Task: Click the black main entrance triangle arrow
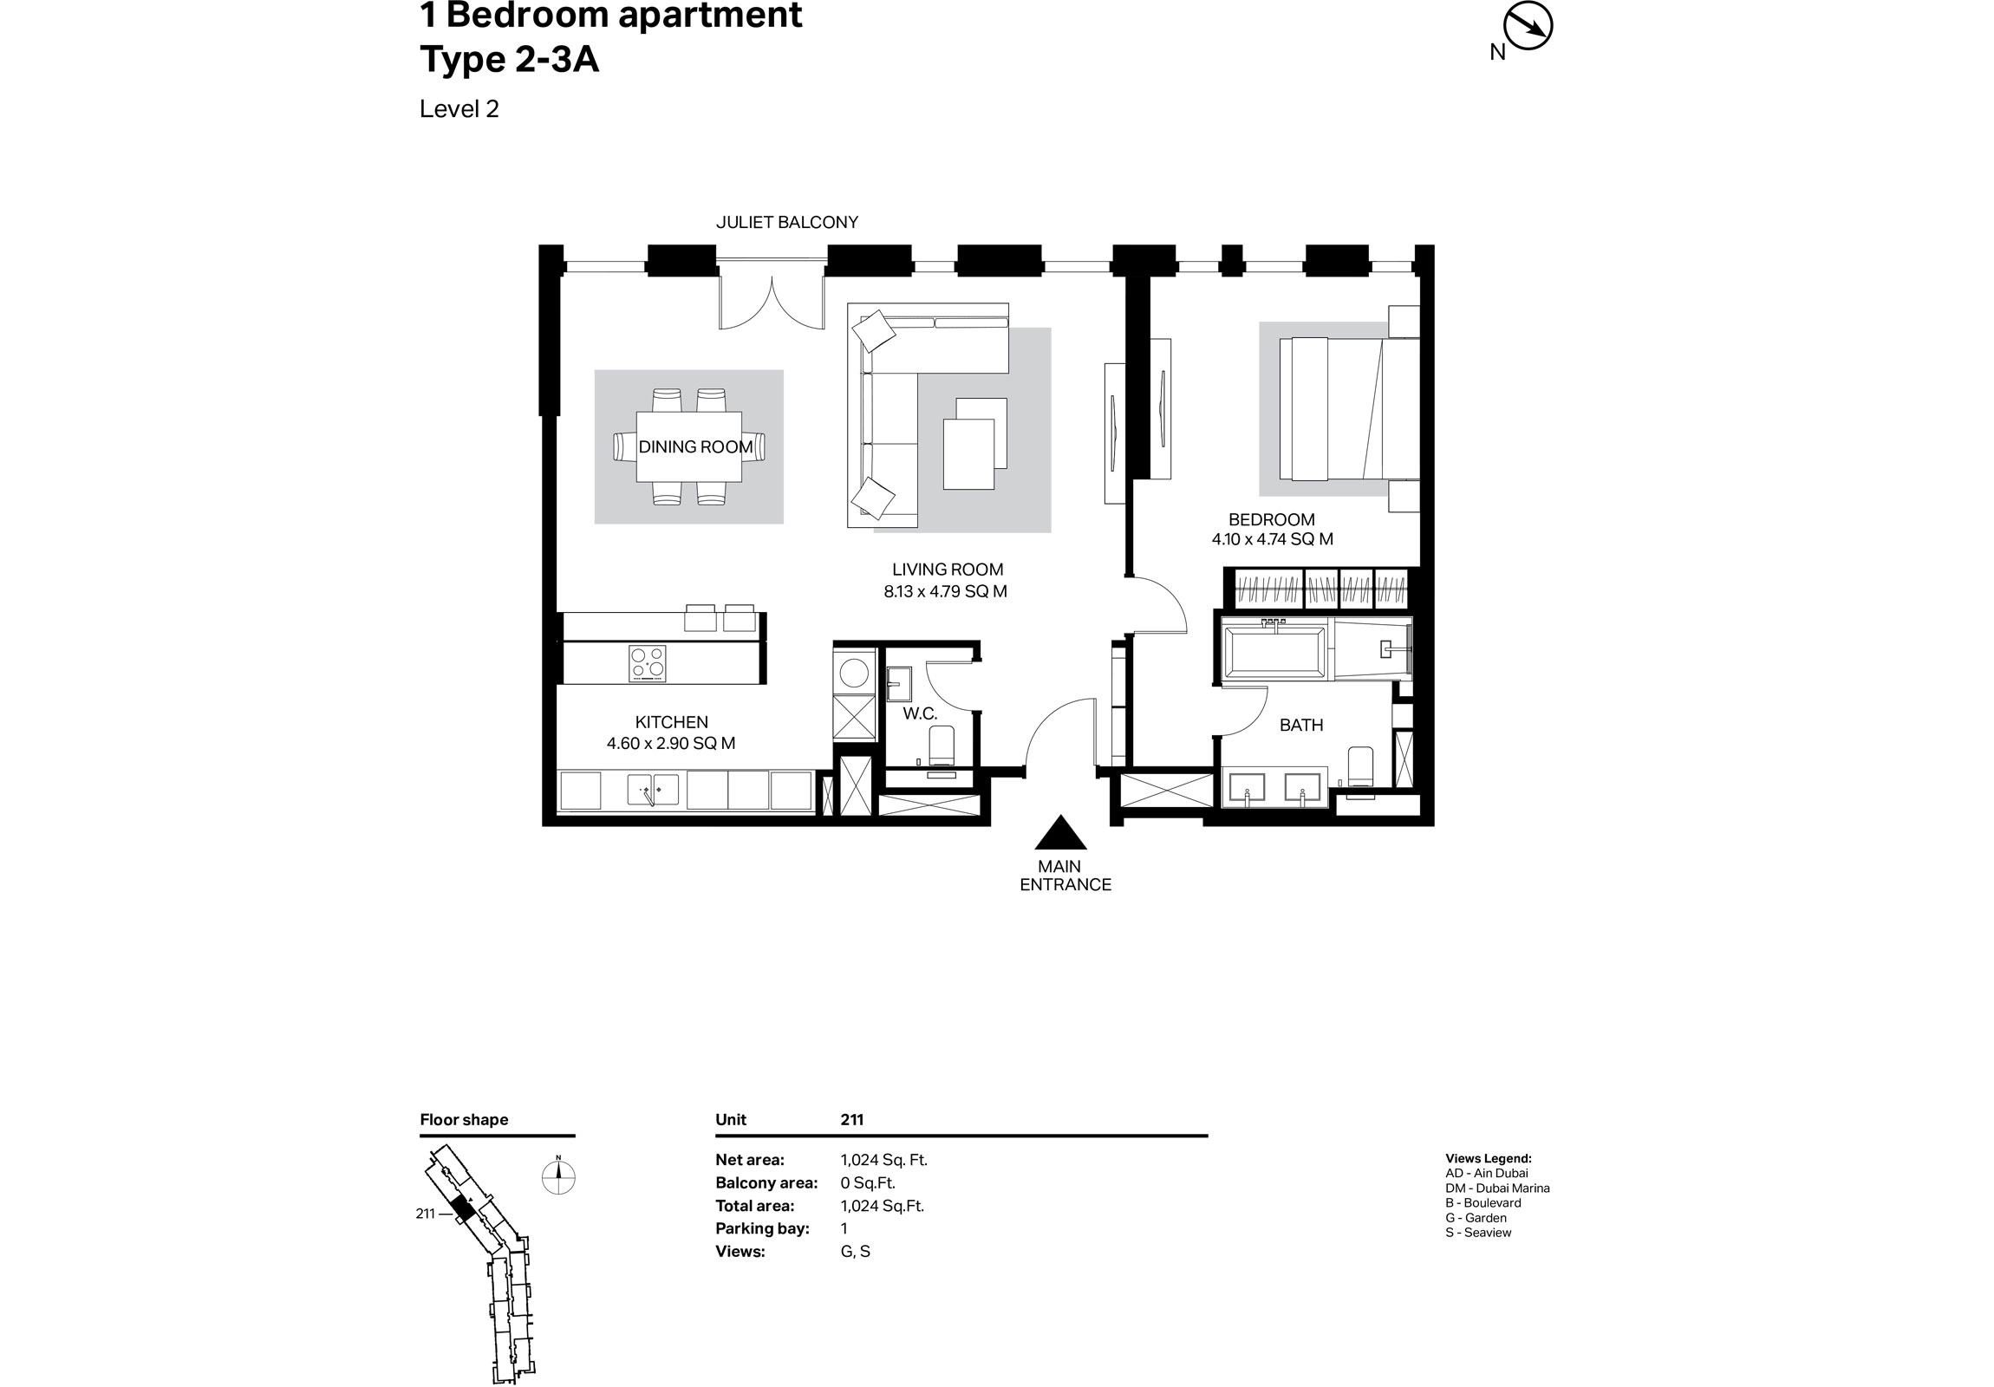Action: tap(1060, 835)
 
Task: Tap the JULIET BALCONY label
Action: tap(787, 222)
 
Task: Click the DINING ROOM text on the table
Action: tap(694, 447)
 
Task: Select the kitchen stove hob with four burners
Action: tap(647, 664)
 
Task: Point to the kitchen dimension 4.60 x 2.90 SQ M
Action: tap(670, 744)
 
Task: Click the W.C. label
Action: tap(920, 714)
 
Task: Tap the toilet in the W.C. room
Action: tap(942, 744)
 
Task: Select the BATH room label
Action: tap(1301, 726)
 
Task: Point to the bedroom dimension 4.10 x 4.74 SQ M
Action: tap(1273, 539)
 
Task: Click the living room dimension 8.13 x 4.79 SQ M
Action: tap(945, 592)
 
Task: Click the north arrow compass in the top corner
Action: tap(1528, 28)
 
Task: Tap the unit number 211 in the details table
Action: tap(851, 1119)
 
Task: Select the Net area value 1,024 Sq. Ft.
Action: tap(883, 1161)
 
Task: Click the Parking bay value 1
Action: tap(844, 1228)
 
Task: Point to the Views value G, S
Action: tap(855, 1252)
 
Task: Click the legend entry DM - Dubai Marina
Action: tap(1497, 1188)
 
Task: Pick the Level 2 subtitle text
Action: tap(459, 109)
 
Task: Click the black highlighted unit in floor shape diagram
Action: tap(463, 1208)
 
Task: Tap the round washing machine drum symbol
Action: tap(854, 674)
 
